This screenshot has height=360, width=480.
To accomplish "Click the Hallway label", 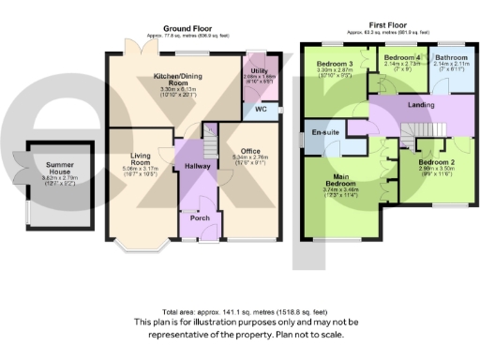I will click(x=198, y=165).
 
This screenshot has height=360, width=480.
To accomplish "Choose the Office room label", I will click(x=249, y=151).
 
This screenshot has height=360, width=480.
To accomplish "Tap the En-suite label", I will click(x=326, y=133).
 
